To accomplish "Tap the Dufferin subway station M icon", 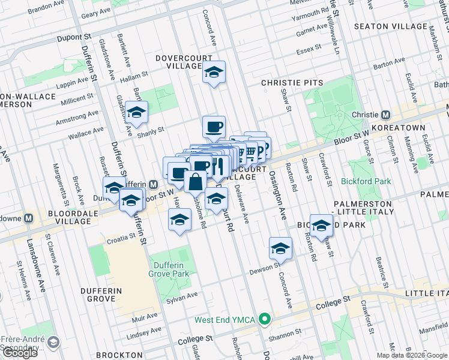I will [153, 185].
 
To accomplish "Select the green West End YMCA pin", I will [263, 319].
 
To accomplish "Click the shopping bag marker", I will [196, 181].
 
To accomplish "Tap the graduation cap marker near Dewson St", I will [280, 248].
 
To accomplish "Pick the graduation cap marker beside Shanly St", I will [137, 113].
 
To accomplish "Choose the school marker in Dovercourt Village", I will [213, 73].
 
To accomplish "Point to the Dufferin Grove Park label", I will [169, 269].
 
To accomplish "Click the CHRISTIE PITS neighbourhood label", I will [292, 83].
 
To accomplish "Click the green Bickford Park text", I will [366, 181].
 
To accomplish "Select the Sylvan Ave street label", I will [182, 296].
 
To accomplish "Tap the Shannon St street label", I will [286, 334].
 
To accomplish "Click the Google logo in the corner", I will [19, 353].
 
